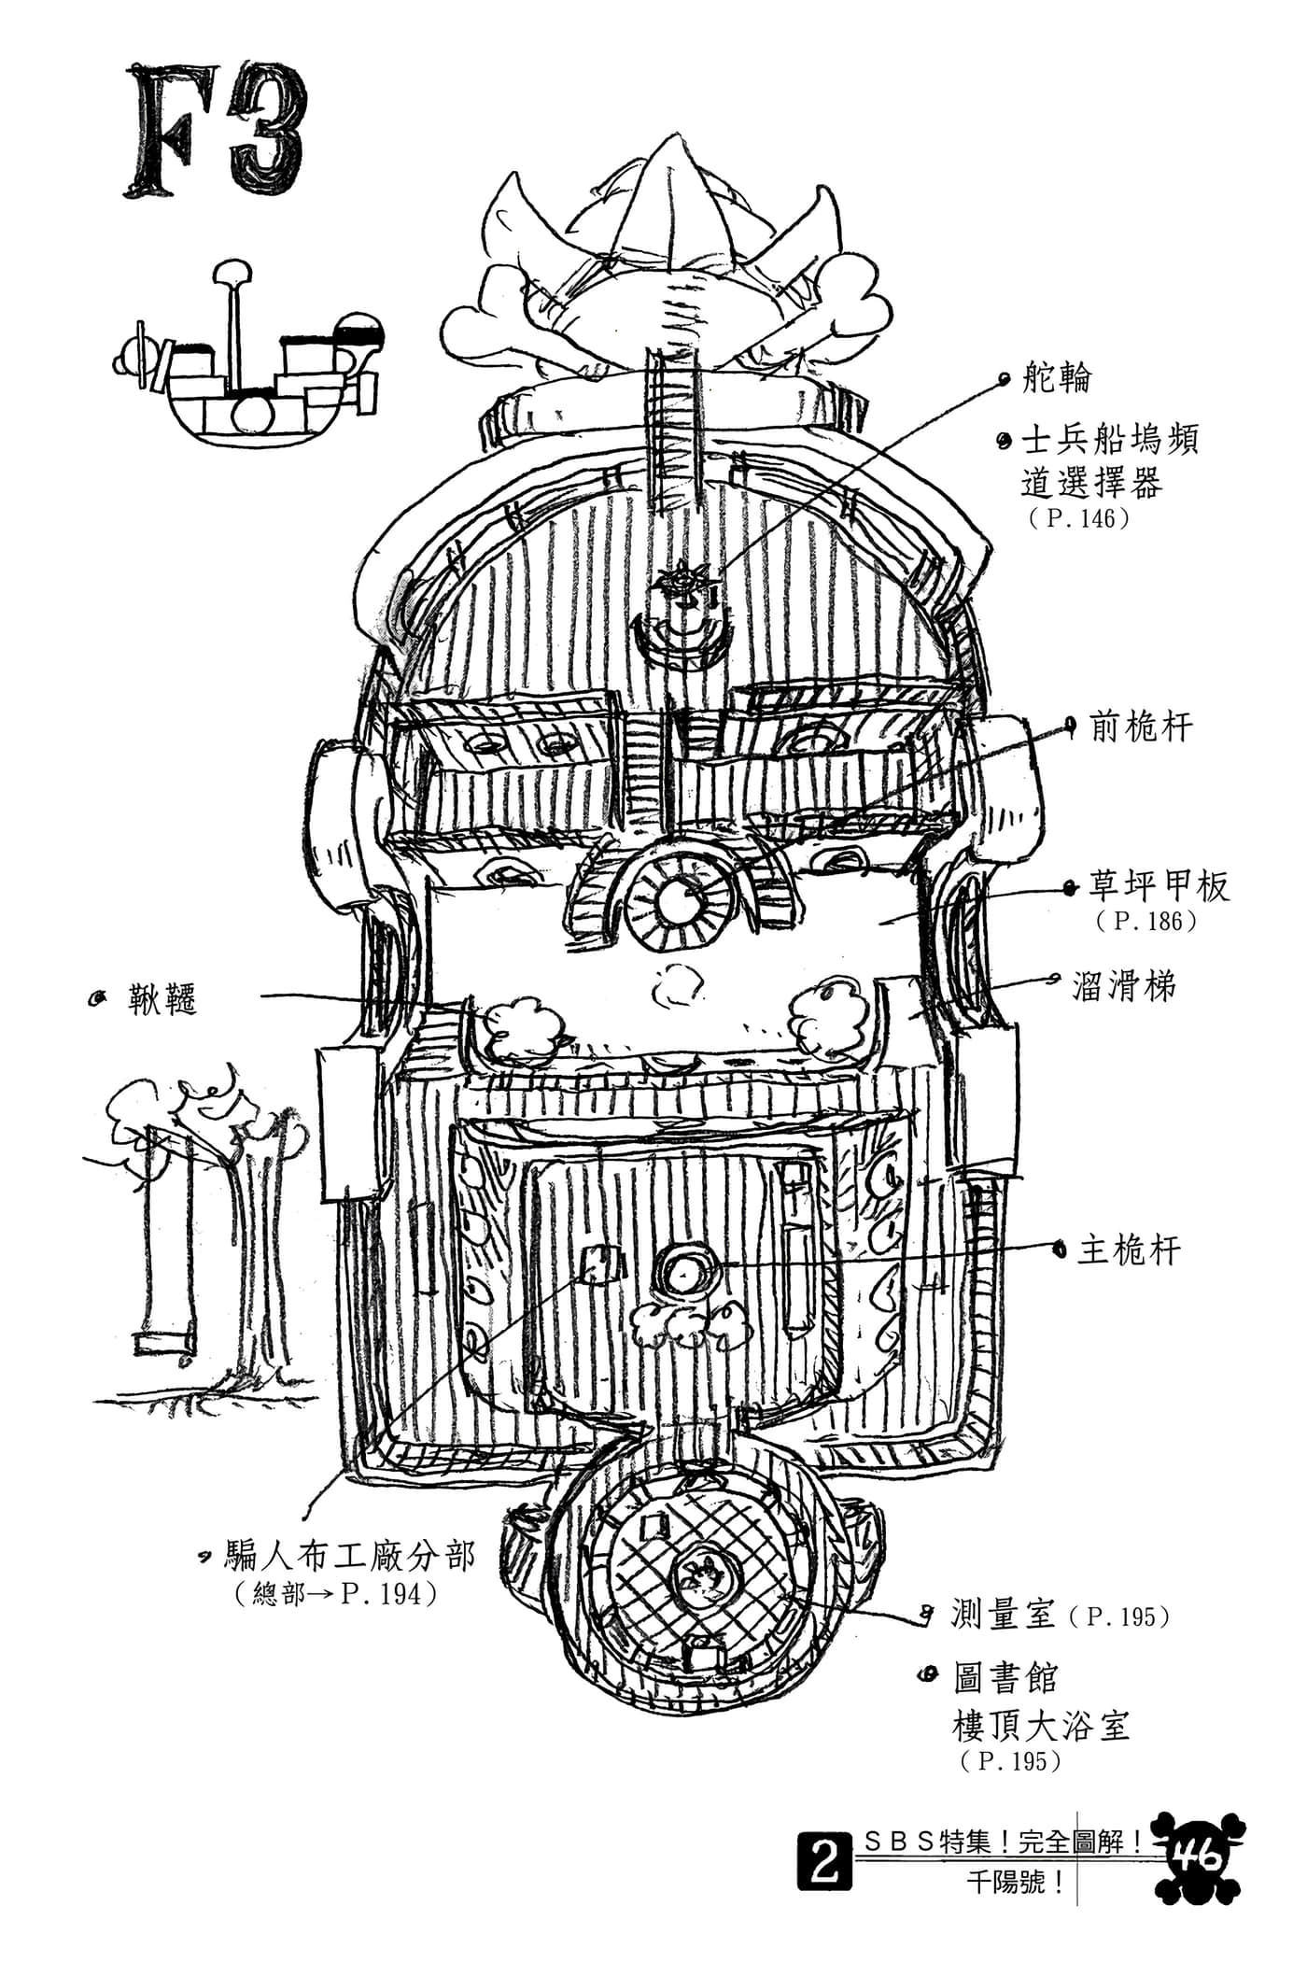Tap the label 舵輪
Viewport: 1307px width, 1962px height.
[1058, 379]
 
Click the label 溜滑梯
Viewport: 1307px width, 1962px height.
[1125, 985]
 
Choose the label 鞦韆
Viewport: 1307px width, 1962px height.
[163, 1001]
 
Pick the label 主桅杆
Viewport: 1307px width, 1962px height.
[1130, 1249]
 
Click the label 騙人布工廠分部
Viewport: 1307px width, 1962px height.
[350, 1556]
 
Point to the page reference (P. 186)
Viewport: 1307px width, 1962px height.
[1147, 921]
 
